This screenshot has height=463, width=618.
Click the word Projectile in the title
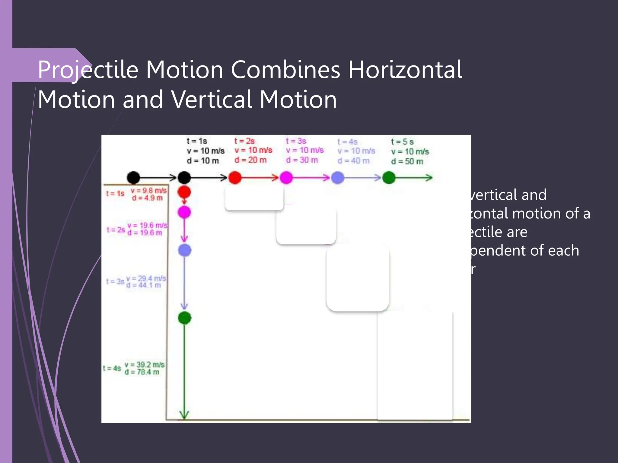[88, 70]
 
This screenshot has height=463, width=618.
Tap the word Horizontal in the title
[405, 70]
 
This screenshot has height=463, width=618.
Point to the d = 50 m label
[407, 162]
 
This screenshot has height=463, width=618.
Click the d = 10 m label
[202, 161]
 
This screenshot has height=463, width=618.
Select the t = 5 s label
[402, 142]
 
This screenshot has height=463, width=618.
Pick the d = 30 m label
[302, 160]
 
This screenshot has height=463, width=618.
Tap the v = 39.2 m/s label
[145, 365]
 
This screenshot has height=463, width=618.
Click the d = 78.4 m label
[142, 372]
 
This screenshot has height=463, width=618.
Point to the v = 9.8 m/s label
[148, 191]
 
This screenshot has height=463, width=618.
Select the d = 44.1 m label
[144, 285]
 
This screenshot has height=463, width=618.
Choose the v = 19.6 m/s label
[147, 225]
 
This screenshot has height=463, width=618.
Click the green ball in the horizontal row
[389, 178]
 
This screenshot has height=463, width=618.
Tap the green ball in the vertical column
[184, 318]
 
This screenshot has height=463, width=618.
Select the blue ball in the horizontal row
[338, 178]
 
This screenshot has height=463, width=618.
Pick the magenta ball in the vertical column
[184, 212]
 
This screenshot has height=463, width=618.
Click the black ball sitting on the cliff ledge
[133, 178]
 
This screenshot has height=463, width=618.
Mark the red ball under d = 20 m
[235, 178]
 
